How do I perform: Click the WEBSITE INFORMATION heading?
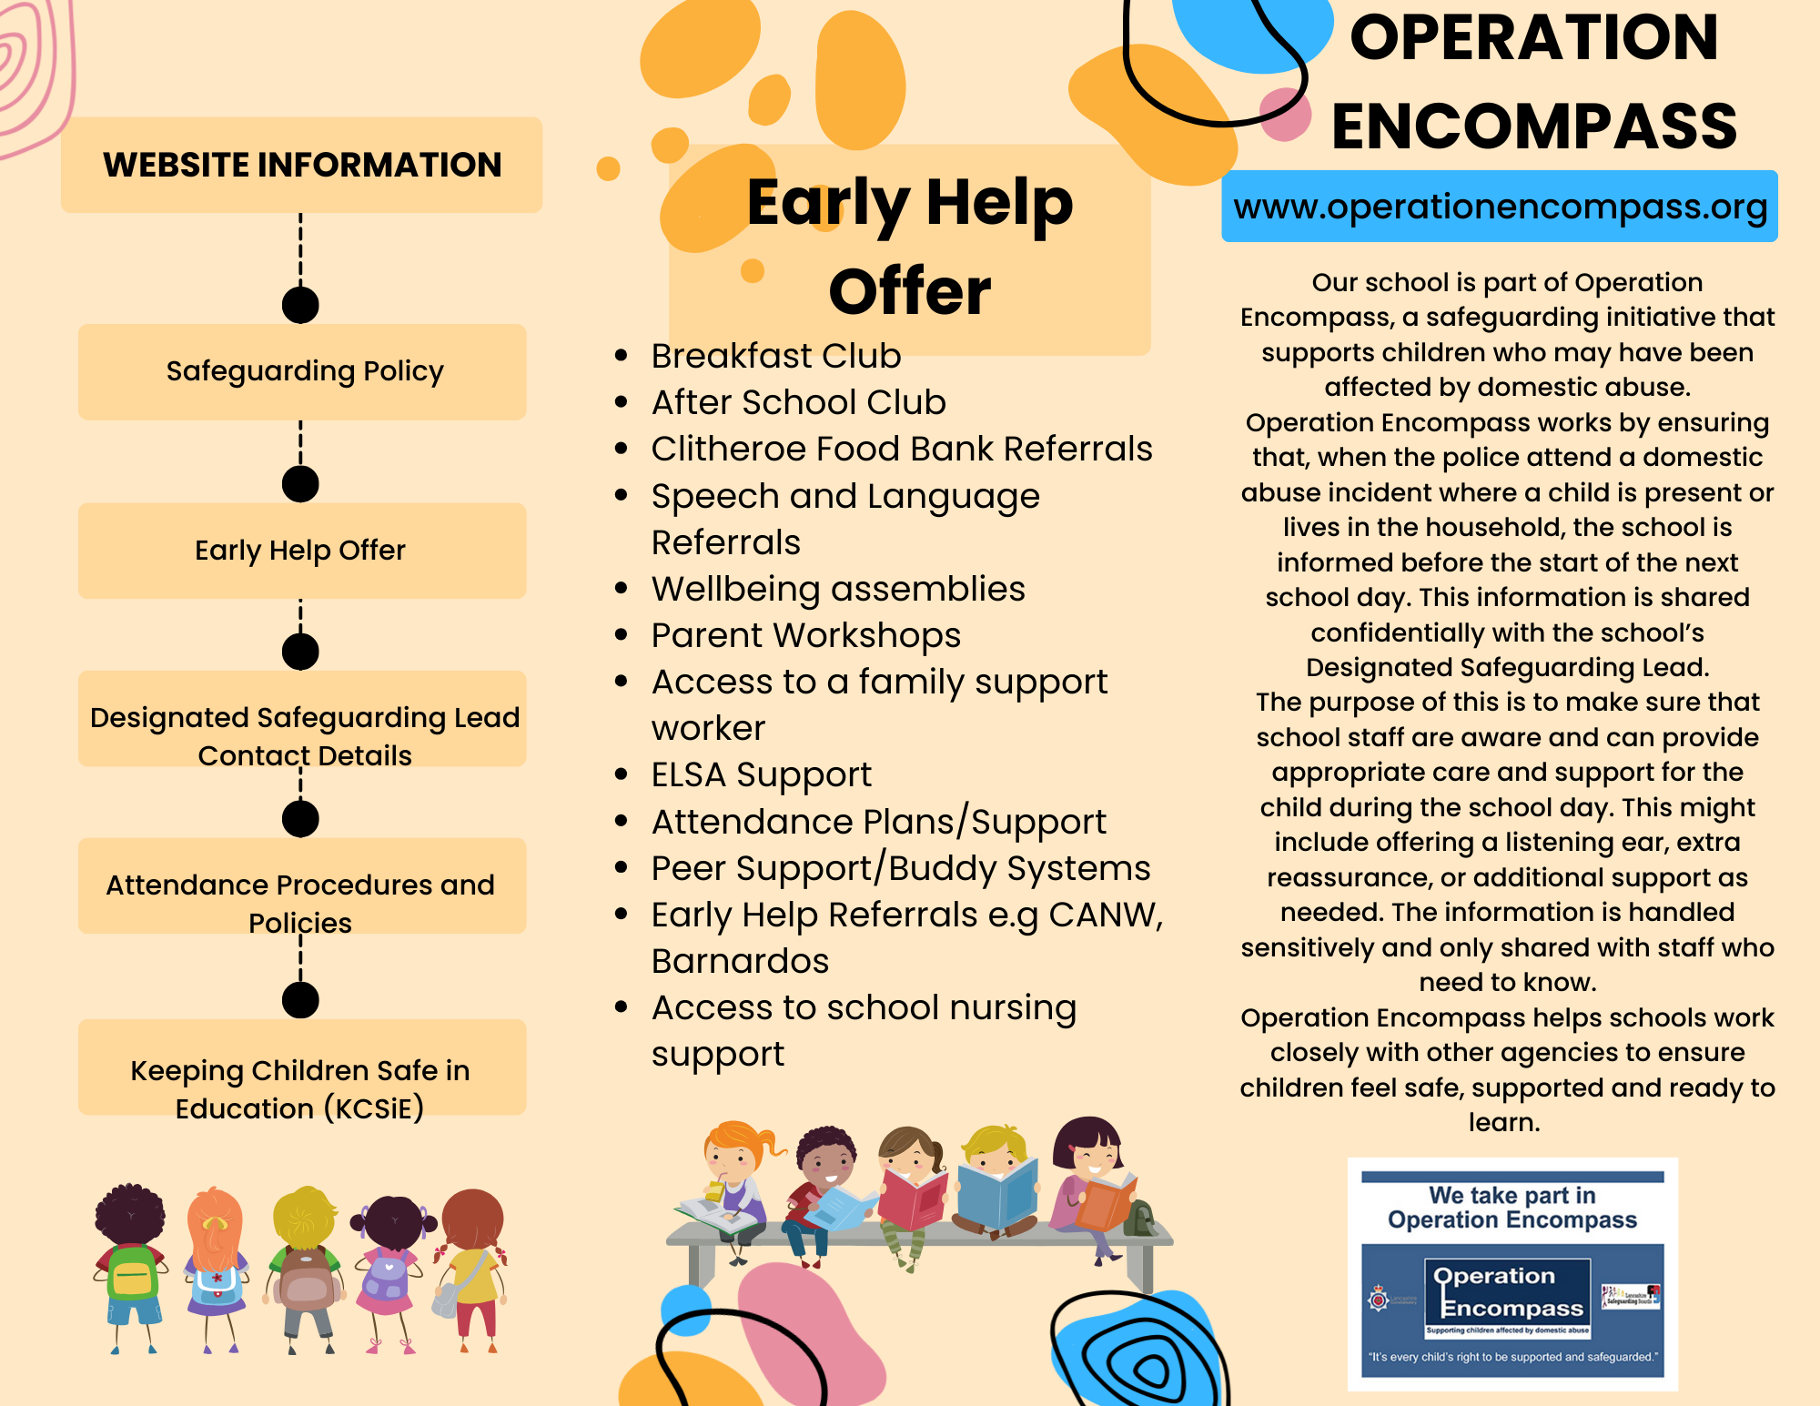pos(302,165)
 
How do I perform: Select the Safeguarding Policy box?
pos(302,371)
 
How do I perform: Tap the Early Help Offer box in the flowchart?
pos(302,551)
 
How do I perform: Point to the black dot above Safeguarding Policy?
pos(300,305)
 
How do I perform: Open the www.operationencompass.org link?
pos(1500,207)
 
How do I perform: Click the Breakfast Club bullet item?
pos(776,356)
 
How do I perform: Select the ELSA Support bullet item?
pos(762,774)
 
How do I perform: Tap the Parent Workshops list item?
pos(806,635)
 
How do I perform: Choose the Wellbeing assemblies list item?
pos(838,589)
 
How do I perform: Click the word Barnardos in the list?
pos(741,961)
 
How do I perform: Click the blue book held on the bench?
pos(997,1192)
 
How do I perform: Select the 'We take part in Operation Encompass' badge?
pos(1512,1274)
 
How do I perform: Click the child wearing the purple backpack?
pos(390,1269)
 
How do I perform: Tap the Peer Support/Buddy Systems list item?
pos(901,868)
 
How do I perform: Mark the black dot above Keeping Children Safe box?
pos(300,999)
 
